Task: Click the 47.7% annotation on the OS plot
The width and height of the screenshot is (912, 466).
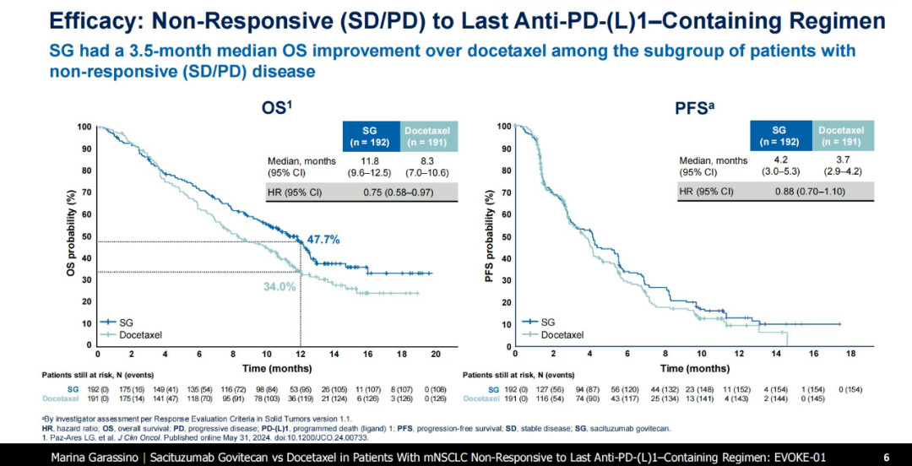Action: pyautogui.click(x=323, y=240)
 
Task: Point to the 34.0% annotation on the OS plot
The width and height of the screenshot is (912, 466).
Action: pyautogui.click(x=280, y=286)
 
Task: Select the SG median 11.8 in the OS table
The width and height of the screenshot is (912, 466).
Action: pyautogui.click(x=369, y=160)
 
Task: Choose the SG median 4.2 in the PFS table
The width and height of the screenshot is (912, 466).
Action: pyautogui.click(x=781, y=160)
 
